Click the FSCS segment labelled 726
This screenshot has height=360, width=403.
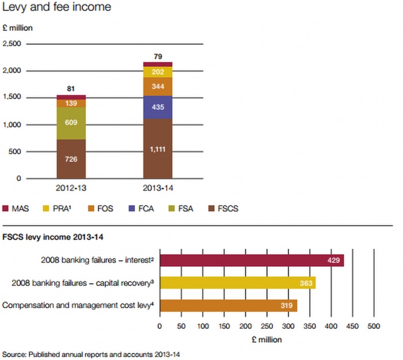pos(71,158)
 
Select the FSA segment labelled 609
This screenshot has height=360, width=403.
pos(71,123)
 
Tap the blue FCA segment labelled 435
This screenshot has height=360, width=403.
pos(158,107)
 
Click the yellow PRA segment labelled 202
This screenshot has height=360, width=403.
pos(158,72)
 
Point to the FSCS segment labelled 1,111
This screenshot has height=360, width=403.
pos(158,149)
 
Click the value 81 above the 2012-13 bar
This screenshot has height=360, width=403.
pos(71,89)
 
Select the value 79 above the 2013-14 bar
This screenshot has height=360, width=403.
pos(158,56)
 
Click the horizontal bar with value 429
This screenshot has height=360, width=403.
pos(252,260)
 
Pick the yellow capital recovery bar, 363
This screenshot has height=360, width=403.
pos(237,283)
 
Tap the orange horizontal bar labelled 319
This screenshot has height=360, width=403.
pos(228,305)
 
